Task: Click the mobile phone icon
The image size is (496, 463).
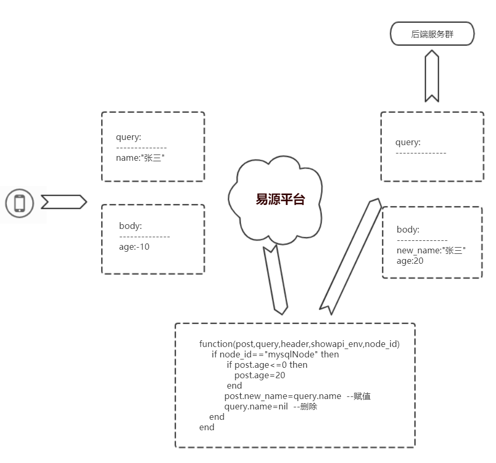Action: tap(20, 203)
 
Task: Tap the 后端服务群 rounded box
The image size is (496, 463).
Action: tap(432, 34)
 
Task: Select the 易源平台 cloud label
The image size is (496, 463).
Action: tap(280, 199)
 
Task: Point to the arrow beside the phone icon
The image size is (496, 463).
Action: tap(63, 202)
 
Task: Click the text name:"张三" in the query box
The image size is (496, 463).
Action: tap(144, 158)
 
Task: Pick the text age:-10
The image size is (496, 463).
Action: tap(134, 247)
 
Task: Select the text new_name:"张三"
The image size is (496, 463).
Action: tap(431, 251)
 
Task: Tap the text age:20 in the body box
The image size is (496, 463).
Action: tap(410, 261)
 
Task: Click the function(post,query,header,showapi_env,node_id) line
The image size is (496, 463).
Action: tap(299, 344)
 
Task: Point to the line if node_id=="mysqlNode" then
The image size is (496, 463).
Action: tap(275, 354)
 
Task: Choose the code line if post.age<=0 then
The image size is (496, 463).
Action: tap(267, 365)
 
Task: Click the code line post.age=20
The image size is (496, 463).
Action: tap(259, 375)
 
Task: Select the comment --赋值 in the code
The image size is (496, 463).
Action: tap(358, 396)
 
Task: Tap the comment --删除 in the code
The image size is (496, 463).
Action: tap(305, 407)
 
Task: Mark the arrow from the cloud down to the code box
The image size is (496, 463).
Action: tap(276, 280)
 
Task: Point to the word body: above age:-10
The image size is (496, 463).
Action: tap(130, 226)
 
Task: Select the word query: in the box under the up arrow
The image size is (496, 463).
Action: tap(408, 143)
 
